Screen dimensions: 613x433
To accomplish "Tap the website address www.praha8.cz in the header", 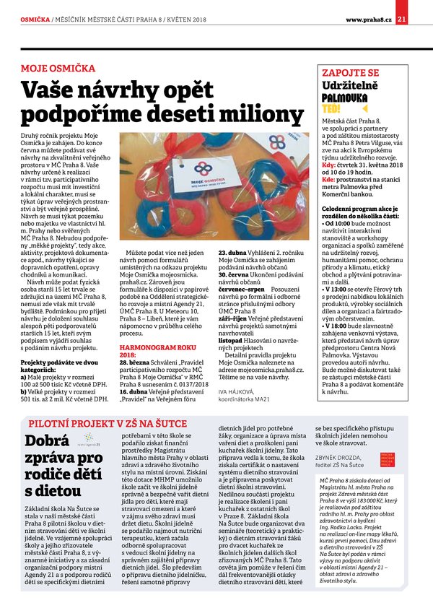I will point(368,19).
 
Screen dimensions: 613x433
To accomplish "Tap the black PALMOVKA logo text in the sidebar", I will point(344,96).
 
